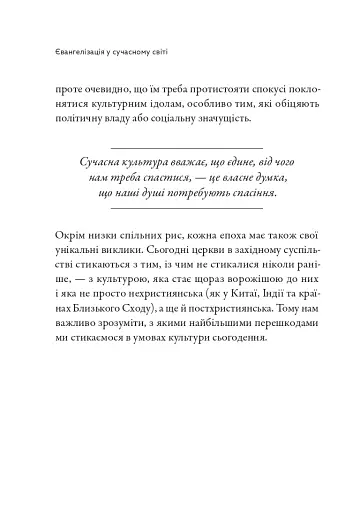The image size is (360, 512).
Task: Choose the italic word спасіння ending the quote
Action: click(246, 192)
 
